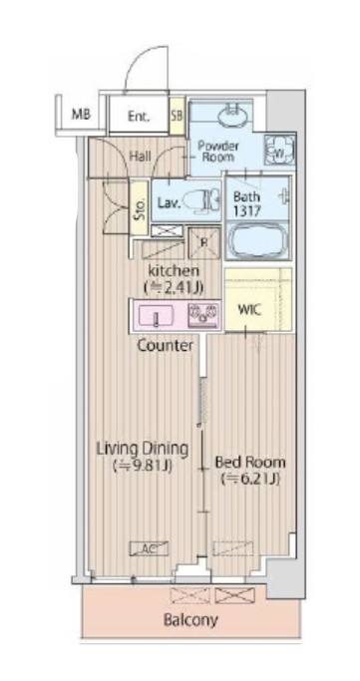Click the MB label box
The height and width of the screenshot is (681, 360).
pyautogui.click(x=81, y=114)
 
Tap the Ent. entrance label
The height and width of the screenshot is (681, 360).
pyautogui.click(x=139, y=117)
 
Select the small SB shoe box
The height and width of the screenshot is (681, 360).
pyautogui.click(x=177, y=116)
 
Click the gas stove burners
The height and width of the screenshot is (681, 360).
pyautogui.click(x=202, y=316)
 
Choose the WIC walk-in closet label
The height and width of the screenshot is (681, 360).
pyautogui.click(x=248, y=308)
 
